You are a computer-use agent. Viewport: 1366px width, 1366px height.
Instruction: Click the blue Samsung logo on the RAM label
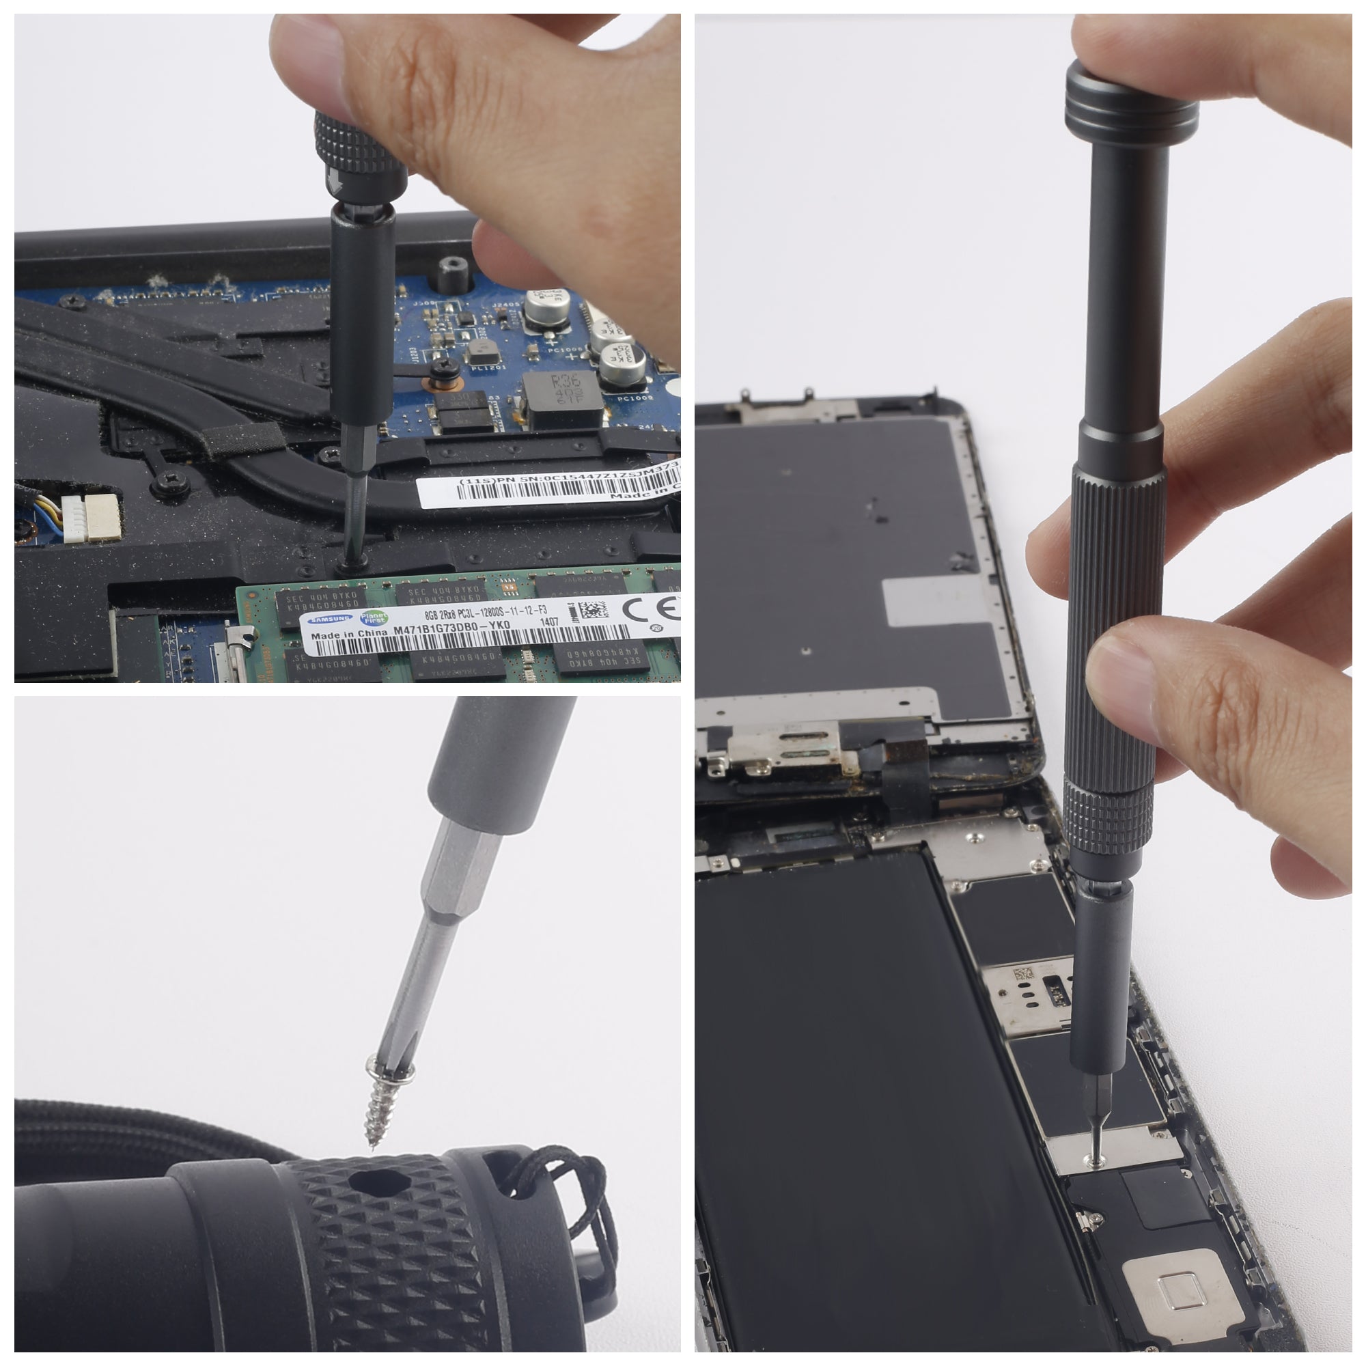331,619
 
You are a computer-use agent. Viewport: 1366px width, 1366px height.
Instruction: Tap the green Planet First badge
374,618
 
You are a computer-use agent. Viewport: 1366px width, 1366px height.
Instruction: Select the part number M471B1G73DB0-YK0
451,628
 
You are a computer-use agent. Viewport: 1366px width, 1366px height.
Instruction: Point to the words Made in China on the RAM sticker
348,635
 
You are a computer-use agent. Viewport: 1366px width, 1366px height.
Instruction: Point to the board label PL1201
486,367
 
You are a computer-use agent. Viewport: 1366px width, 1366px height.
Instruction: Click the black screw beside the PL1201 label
445,366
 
